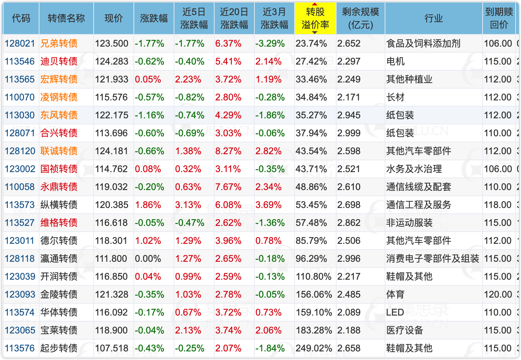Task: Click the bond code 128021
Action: pos(20,44)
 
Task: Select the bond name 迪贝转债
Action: pos(59,62)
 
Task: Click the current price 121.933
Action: pos(112,80)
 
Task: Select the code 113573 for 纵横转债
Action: pos(20,205)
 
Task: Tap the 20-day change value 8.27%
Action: pos(228,151)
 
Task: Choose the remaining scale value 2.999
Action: pos(349,133)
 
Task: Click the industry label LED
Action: pos(395,313)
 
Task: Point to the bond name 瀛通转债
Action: pos(59,259)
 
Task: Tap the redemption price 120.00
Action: pos(498,295)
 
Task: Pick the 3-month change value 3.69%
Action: pos(268,205)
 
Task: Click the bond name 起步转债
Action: pos(59,349)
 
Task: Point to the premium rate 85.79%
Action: pos(311,241)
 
